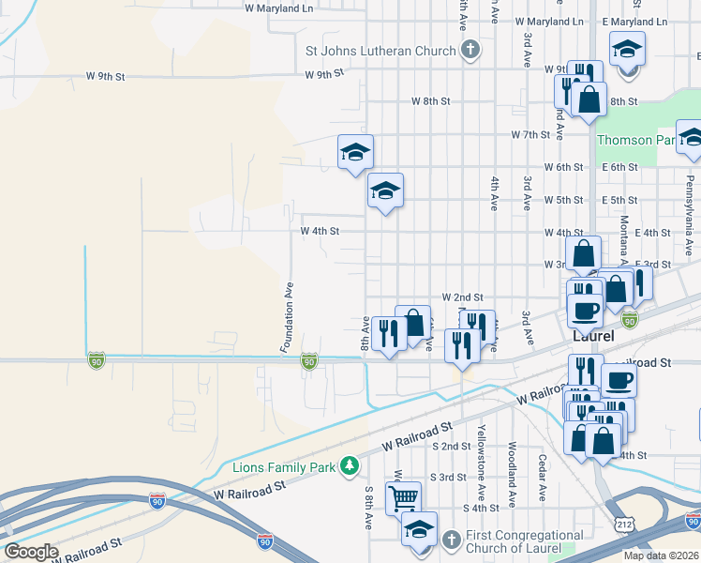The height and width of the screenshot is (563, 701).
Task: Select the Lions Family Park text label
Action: [x=286, y=466]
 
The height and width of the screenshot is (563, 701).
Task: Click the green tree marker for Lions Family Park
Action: [x=349, y=465]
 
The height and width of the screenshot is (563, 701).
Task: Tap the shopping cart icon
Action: [x=404, y=497]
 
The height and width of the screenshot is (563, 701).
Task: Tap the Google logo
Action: [x=31, y=551]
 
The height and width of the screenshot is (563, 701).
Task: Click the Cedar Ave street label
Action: [x=542, y=477]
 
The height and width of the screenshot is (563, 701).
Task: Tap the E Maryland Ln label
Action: [x=633, y=21]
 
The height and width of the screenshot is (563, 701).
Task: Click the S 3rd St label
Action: [x=449, y=477]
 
